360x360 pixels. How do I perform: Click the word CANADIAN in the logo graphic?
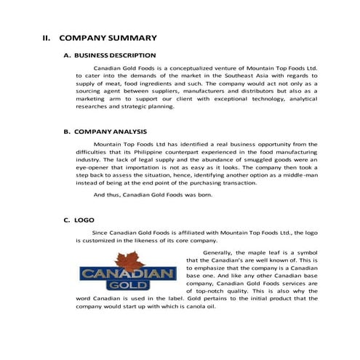(x=128, y=275)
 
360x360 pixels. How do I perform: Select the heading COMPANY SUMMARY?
(x=108, y=37)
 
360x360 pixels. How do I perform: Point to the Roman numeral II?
(x=45, y=37)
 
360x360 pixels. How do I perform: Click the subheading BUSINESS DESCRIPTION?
(x=114, y=55)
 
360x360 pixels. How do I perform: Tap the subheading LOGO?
(x=83, y=219)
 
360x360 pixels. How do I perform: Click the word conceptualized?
(x=180, y=68)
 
